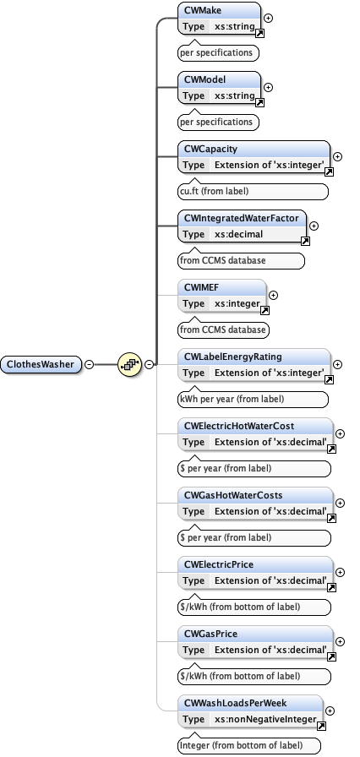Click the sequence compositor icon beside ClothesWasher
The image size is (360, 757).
(129, 364)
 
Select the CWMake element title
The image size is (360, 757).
(203, 10)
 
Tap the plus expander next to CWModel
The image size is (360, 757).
(269, 86)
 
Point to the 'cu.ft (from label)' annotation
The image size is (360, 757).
(218, 191)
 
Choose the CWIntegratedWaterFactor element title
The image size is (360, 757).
(242, 218)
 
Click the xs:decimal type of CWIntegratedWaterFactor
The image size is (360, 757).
(239, 234)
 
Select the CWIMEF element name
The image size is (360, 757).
(201, 287)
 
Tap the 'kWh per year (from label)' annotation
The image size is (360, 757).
(230, 399)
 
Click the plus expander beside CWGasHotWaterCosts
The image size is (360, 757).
(340, 503)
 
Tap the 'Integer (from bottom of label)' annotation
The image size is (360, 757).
(240, 745)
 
